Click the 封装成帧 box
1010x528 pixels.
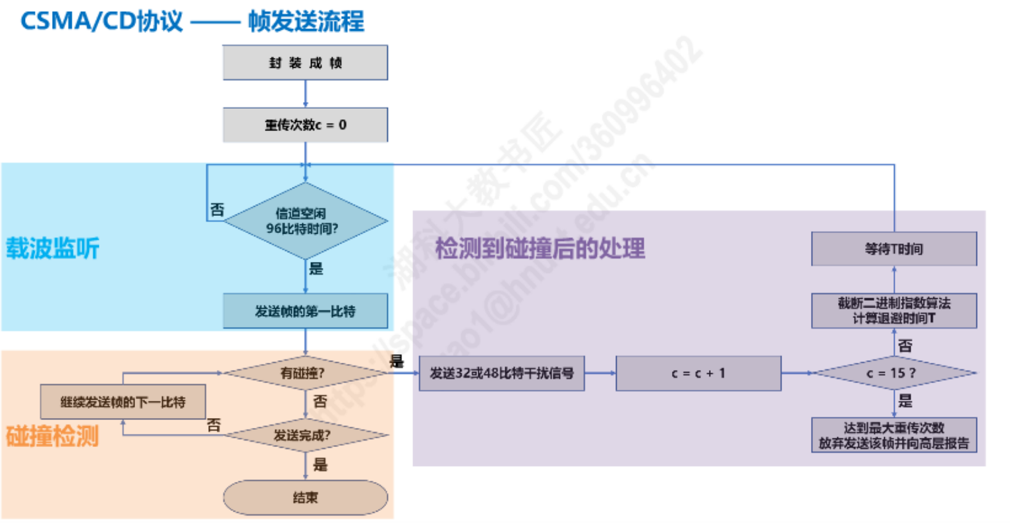pos(305,63)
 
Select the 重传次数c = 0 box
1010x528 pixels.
pos(305,125)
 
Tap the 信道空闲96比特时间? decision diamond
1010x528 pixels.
pos(305,221)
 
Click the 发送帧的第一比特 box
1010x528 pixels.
pos(305,311)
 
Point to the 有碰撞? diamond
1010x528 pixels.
pos(305,373)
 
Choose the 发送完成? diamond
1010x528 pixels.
pos(305,435)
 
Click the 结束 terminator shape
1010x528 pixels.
pos(305,498)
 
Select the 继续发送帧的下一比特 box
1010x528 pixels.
pos(123,402)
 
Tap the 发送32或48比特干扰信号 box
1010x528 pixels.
pos(501,373)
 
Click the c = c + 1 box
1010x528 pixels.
pos(698,373)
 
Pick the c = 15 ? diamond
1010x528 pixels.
pos(893,373)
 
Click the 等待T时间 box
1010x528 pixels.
pos(893,249)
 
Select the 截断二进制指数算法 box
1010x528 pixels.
pos(893,311)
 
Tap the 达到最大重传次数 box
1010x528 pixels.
pos(893,435)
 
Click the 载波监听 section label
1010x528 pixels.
pos(53,249)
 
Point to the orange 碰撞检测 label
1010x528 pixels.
pos(53,436)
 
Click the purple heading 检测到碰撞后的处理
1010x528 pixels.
pos(540,249)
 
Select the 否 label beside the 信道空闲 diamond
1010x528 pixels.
pos(217,209)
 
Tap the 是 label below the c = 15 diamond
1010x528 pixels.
pos(906,401)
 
